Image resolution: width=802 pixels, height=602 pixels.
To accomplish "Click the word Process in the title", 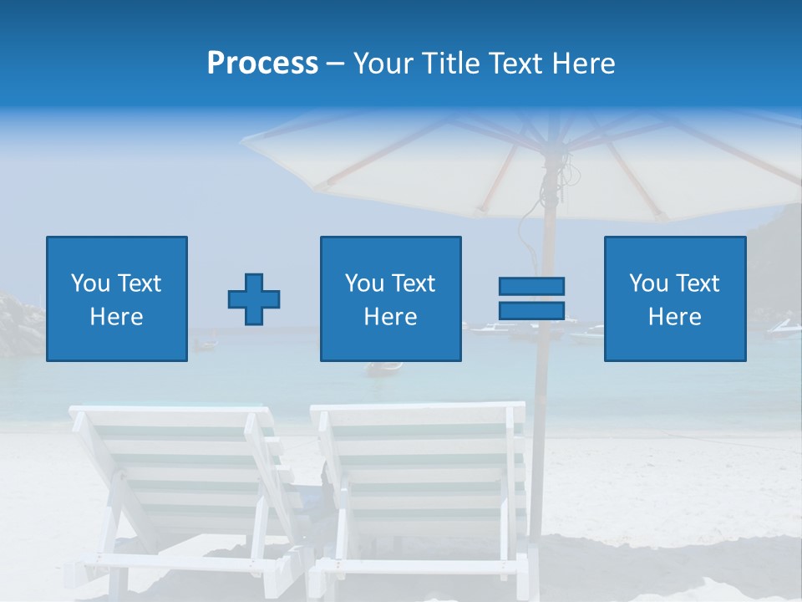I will [262, 64].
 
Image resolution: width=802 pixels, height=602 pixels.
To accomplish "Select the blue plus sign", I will [254, 298].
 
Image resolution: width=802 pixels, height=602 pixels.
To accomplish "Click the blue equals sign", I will [531, 298].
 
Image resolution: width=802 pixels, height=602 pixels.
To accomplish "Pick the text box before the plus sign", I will [117, 298].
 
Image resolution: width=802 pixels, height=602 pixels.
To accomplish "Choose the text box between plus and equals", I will [390, 298].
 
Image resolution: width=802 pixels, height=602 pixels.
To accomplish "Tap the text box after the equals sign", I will [674, 298].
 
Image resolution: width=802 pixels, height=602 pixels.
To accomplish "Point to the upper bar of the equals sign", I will [531, 287].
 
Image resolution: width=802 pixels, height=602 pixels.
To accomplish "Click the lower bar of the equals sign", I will [531, 310].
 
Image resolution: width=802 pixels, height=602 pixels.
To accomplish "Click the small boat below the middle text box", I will [384, 368].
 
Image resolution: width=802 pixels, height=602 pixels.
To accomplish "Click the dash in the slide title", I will [336, 64].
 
